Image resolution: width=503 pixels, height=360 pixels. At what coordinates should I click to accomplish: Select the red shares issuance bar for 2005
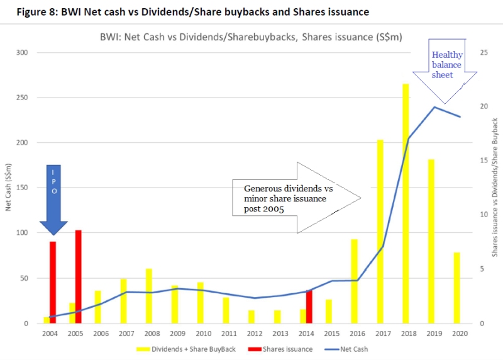click(78, 276)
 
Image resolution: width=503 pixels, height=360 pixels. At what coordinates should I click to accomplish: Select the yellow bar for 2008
click(149, 296)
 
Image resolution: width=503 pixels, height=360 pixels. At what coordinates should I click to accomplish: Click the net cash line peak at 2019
click(434, 107)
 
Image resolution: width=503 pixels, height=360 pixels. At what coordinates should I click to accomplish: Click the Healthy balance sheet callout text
click(446, 65)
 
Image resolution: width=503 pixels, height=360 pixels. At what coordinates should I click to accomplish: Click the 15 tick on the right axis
click(482, 160)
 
